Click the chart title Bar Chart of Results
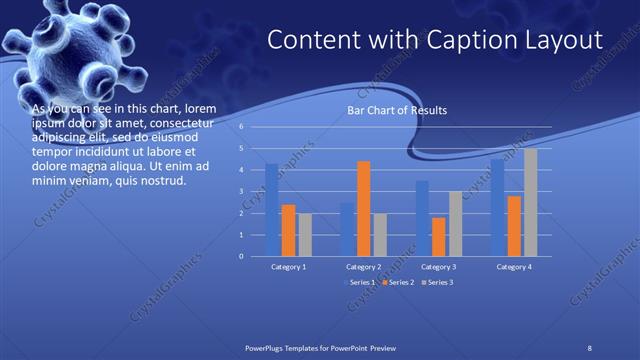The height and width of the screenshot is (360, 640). pyautogui.click(x=397, y=110)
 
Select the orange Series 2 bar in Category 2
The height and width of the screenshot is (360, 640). pyautogui.click(x=363, y=208)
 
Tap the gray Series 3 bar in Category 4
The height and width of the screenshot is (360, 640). pyautogui.click(x=530, y=202)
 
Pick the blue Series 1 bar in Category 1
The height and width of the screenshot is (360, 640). pyautogui.click(x=272, y=209)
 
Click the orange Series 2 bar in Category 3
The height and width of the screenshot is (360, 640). pyautogui.click(x=438, y=236)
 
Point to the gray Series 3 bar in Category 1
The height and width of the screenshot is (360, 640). pyautogui.click(x=304, y=234)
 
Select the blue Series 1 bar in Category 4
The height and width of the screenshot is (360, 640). pyautogui.click(x=497, y=207)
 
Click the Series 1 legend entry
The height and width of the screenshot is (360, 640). pyautogui.click(x=360, y=283)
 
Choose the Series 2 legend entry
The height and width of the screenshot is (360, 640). pyautogui.click(x=398, y=283)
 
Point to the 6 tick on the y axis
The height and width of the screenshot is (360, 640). pyautogui.click(x=241, y=127)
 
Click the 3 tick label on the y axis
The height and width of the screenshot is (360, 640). pyautogui.click(x=241, y=192)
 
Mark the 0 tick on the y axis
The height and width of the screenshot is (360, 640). pyautogui.click(x=241, y=256)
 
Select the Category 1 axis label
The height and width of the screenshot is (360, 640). pyautogui.click(x=288, y=267)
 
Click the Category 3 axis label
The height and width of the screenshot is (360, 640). pyautogui.click(x=438, y=267)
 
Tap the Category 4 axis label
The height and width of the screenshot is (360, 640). pyautogui.click(x=513, y=267)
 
